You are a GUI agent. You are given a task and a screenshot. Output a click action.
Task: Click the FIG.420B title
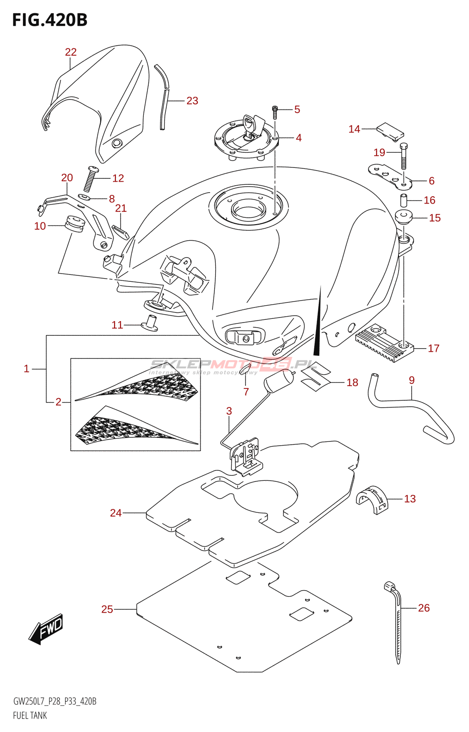click(49, 20)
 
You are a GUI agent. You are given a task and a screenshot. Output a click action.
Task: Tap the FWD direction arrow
click(46, 629)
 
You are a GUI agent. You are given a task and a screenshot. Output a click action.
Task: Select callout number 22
click(71, 52)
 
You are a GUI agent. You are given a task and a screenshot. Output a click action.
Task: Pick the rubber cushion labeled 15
click(404, 217)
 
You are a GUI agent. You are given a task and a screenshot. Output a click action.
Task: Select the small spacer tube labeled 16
click(404, 200)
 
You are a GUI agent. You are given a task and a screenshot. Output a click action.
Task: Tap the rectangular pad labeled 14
click(390, 130)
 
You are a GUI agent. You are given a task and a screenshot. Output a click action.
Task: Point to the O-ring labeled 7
click(245, 369)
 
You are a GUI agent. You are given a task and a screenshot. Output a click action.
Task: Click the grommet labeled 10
click(73, 224)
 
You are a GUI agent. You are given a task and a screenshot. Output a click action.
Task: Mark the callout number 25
click(107, 609)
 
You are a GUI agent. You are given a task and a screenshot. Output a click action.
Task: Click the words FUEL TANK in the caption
click(30, 716)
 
